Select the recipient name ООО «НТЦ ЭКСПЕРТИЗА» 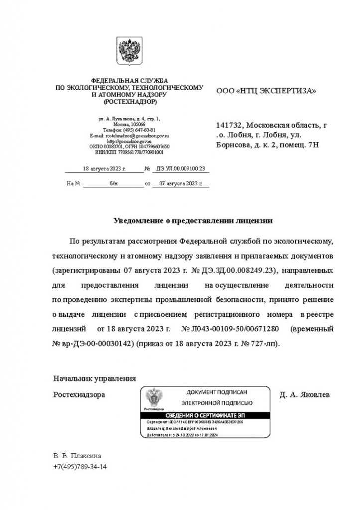point(266,91)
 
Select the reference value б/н point(113,183)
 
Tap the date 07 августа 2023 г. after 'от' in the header point(177,183)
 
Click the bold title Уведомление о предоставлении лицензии point(194,220)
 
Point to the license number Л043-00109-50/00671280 point(230,329)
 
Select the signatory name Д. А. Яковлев point(304,394)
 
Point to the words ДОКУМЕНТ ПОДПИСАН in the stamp point(217,392)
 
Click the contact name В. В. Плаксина point(77,456)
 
